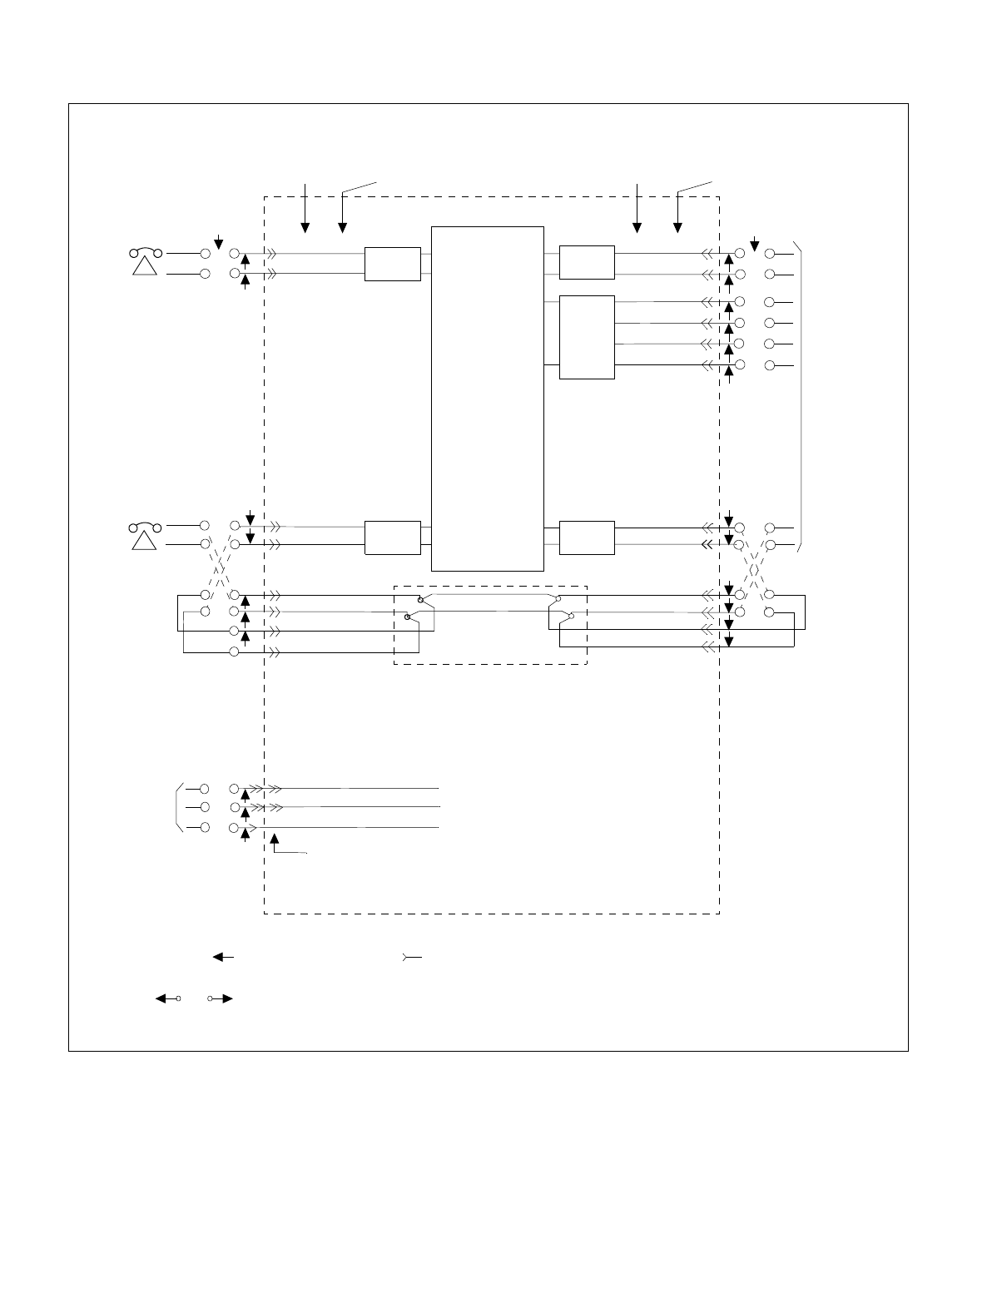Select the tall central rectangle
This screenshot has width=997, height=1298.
tap(488, 399)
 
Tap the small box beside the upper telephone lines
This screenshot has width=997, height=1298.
tap(393, 264)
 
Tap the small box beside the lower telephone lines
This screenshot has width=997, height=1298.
tap(393, 537)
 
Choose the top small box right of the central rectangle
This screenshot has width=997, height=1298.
tap(587, 262)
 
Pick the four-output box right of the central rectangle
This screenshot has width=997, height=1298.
tap(587, 337)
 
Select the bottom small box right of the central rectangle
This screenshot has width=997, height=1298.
tap(587, 537)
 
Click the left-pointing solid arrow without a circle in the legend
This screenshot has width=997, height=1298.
tap(223, 957)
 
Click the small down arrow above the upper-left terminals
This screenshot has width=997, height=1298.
tap(218, 242)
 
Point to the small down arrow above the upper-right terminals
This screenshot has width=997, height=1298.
tap(754, 243)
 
